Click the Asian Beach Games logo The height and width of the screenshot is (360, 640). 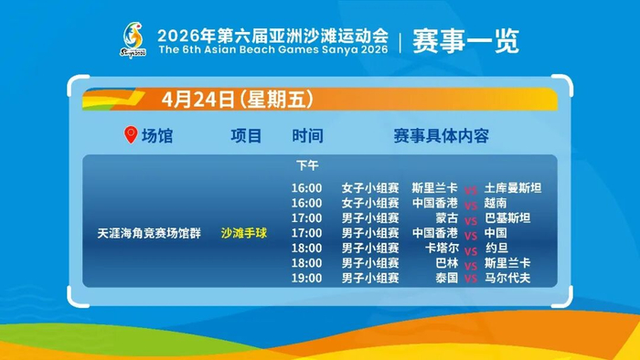(x=133, y=40)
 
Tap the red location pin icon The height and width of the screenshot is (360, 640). (x=131, y=135)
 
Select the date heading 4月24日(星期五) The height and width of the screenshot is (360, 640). (x=238, y=99)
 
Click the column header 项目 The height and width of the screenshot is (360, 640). (x=246, y=136)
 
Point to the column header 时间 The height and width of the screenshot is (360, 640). (x=307, y=136)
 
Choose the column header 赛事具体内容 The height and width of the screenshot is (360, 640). (x=442, y=136)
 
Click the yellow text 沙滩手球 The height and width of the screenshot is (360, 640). (x=244, y=233)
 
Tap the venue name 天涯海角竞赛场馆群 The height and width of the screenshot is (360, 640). (x=149, y=233)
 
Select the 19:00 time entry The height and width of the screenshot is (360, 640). (x=306, y=278)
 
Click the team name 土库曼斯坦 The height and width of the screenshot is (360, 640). (x=513, y=188)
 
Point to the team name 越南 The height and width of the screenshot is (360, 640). (x=496, y=203)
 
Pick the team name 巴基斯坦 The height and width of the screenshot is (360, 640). (x=507, y=218)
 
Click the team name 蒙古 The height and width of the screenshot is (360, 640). (x=446, y=218)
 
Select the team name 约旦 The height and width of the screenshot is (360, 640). (x=496, y=248)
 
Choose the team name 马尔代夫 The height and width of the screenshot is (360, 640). (x=507, y=278)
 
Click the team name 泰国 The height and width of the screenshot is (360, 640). (x=446, y=278)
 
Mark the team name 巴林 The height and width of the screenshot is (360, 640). (x=446, y=263)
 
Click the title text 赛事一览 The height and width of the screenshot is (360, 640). (x=465, y=41)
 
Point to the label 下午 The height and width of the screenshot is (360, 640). (x=307, y=165)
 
